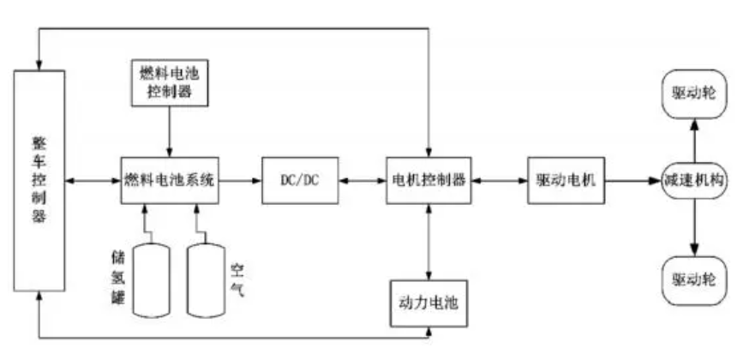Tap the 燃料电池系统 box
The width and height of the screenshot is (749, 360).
click(x=171, y=180)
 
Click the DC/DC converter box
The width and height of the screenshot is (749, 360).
click(x=289, y=180)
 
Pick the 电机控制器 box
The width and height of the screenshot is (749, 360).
click(x=428, y=180)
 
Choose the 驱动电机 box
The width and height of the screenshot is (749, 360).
click(x=566, y=180)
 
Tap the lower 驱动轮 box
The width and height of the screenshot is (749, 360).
click(x=694, y=279)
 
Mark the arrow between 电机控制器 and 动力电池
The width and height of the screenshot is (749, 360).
click(x=428, y=241)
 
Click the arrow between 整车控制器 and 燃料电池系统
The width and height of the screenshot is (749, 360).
click(x=93, y=180)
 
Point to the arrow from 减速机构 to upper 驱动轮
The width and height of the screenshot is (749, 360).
click(x=694, y=139)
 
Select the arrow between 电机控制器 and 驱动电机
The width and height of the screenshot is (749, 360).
click(x=499, y=180)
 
